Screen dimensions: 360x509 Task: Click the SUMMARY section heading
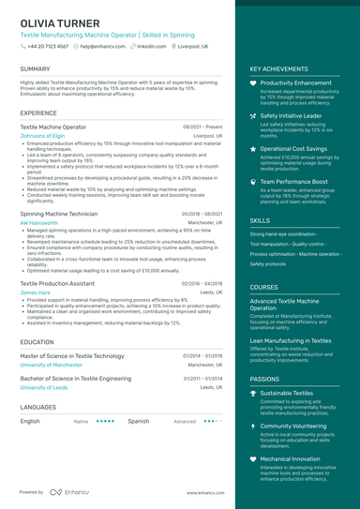[36, 69]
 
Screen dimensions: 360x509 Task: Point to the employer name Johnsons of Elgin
[42, 135]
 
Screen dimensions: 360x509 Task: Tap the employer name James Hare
[35, 292]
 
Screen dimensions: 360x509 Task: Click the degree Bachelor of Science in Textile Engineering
[75, 378]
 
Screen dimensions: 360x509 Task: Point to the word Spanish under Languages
[138, 421]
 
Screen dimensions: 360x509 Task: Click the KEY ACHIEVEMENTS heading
[278, 69]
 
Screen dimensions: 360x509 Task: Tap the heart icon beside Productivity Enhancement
[253, 83]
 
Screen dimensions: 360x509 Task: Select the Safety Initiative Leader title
[291, 115]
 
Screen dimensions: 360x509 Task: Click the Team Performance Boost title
[293, 181]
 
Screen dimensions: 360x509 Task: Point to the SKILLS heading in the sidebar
[260, 220]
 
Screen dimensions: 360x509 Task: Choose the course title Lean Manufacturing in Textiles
[290, 341]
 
